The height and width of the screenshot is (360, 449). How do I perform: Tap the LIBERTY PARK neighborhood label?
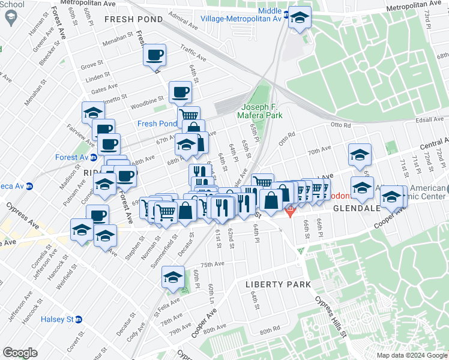point(278,284)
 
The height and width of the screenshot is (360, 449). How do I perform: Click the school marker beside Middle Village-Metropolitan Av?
point(298,17)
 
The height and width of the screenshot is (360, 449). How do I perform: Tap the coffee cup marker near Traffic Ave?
point(154,55)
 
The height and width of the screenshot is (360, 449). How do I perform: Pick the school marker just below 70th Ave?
point(359,154)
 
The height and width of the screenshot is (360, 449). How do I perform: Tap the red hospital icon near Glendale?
point(291,211)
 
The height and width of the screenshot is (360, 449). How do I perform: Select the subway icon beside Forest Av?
point(93,158)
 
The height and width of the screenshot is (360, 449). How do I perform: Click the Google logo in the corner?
point(20,352)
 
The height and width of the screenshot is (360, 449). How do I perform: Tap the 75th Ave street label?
point(212,264)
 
